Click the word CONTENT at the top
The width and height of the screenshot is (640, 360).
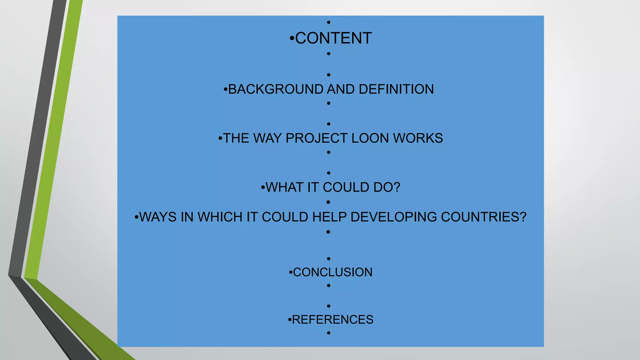click(x=333, y=38)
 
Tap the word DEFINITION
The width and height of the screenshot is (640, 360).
click(x=396, y=89)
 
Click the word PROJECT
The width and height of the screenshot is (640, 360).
click(x=317, y=138)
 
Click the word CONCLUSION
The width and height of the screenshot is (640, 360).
click(x=332, y=272)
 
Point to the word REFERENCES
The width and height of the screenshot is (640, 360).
click(x=332, y=320)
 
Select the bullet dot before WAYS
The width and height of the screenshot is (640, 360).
click(x=136, y=217)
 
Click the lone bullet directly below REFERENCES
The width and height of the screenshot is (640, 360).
click(x=328, y=333)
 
